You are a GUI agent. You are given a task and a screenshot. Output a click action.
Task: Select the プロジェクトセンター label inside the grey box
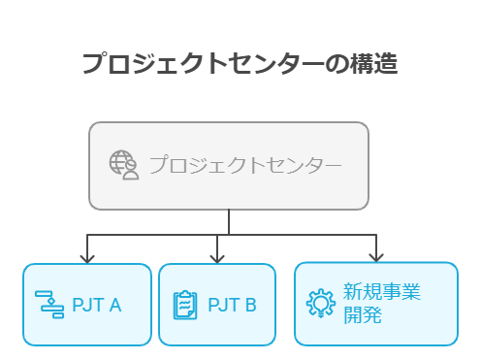(x=244, y=165)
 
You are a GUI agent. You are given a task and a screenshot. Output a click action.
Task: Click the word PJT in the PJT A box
(x=86, y=306)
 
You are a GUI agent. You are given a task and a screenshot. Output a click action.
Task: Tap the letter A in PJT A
(x=115, y=306)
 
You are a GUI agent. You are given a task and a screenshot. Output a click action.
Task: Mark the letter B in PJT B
(x=251, y=306)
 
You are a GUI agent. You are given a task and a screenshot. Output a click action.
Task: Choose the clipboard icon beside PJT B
(x=184, y=305)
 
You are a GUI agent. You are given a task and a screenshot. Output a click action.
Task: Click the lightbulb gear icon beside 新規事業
(x=320, y=304)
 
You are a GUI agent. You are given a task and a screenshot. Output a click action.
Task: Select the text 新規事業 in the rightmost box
(x=382, y=292)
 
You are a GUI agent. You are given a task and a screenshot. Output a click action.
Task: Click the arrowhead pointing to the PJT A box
(x=87, y=258)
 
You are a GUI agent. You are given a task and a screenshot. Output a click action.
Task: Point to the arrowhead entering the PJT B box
(x=217, y=258)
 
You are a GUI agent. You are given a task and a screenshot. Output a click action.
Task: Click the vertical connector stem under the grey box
(x=229, y=221)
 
